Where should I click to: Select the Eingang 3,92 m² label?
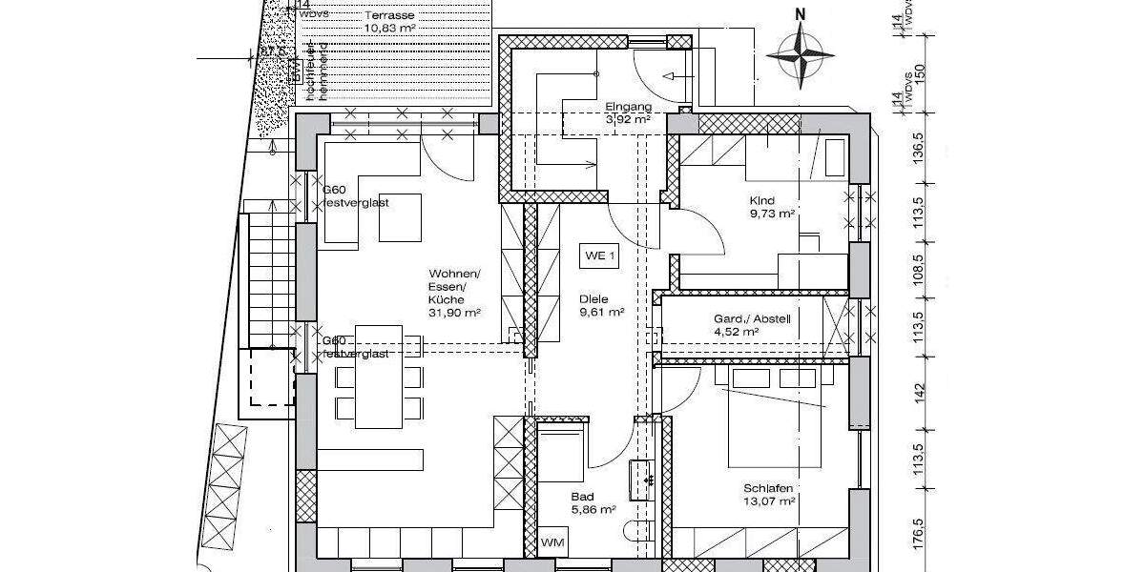(x=628, y=113)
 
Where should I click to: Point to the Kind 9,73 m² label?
(x=773, y=208)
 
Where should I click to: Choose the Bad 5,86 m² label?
(x=593, y=503)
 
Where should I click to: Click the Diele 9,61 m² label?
(x=601, y=305)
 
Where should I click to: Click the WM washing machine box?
(x=552, y=541)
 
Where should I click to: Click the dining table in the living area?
(x=379, y=378)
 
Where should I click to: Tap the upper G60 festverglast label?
(x=356, y=195)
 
